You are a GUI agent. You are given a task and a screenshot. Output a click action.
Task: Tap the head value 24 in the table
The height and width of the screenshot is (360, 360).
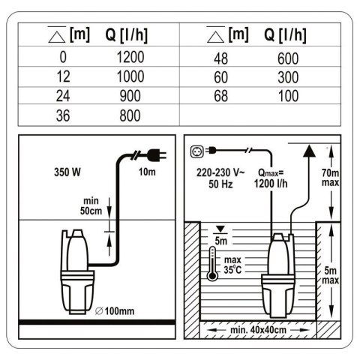[63, 96]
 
